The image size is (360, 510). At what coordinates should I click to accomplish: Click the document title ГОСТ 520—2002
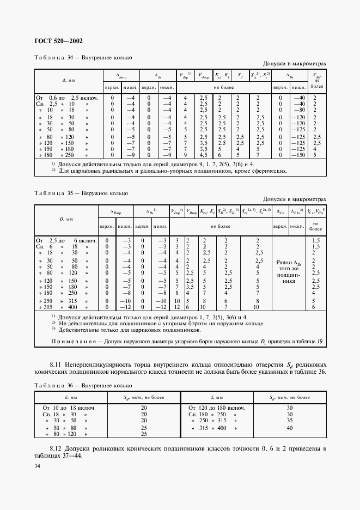tap(59, 41)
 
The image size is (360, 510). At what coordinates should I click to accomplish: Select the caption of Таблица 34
tap(83, 57)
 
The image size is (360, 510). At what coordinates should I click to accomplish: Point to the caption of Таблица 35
tap(81, 193)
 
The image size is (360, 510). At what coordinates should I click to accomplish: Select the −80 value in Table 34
tap(299, 110)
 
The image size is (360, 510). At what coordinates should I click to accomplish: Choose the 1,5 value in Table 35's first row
tap(315, 240)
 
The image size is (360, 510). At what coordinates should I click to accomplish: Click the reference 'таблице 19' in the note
tap(310, 342)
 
